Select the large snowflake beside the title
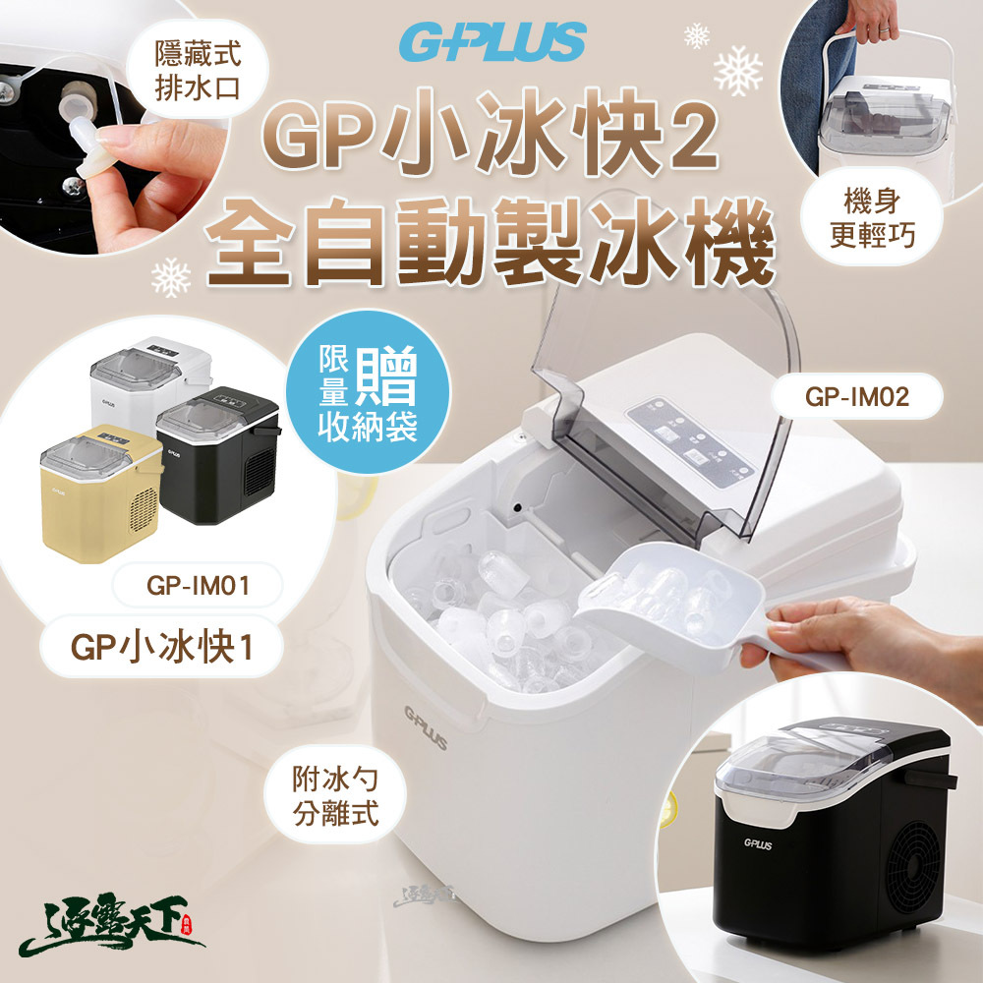pos(738,71)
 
